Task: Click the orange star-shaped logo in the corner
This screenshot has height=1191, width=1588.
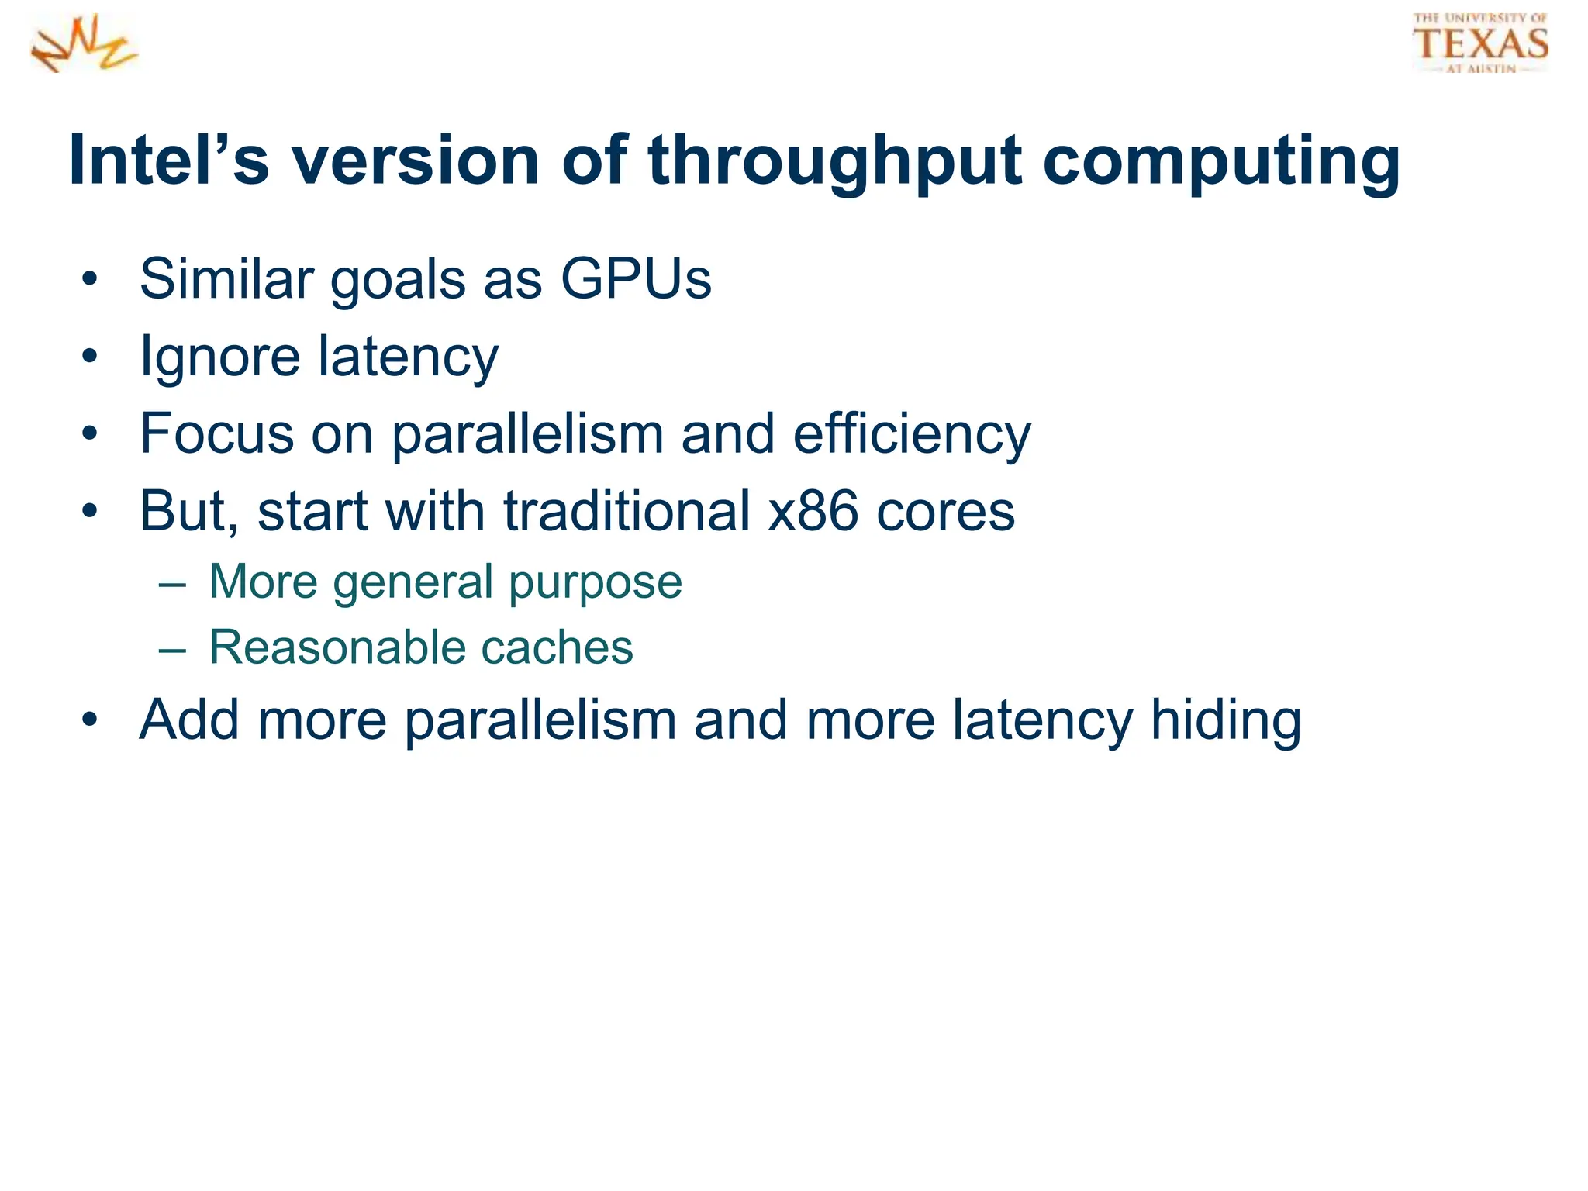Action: point(84,45)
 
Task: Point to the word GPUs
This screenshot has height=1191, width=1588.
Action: point(635,278)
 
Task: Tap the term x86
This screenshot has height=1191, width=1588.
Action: point(813,511)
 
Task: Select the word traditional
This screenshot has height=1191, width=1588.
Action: point(627,511)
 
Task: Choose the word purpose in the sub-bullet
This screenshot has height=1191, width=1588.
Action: point(595,583)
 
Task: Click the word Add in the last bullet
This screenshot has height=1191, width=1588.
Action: point(188,720)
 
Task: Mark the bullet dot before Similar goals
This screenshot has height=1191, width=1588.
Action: point(90,279)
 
